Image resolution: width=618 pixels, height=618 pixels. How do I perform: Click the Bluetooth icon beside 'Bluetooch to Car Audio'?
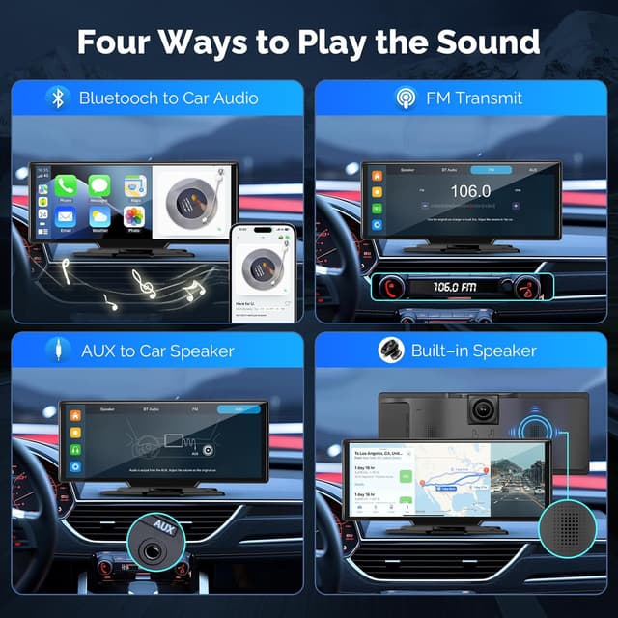point(58,98)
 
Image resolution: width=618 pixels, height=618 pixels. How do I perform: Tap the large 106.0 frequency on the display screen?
point(470,191)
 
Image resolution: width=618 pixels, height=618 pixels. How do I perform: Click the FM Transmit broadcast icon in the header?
point(407,98)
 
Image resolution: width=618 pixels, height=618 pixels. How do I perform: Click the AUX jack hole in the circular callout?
point(156,558)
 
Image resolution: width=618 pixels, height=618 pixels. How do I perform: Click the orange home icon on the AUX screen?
point(75,415)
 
